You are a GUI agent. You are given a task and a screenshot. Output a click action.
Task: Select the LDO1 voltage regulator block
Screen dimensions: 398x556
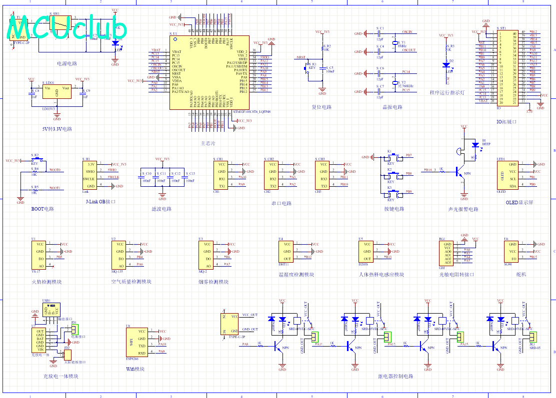(x=56, y=93)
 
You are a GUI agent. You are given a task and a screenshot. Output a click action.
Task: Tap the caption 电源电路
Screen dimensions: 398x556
(x=67, y=64)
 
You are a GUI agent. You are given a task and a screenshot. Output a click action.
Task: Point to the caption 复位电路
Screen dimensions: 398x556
(x=321, y=107)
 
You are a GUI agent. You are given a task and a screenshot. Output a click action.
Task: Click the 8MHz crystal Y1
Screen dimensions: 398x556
(x=395, y=44)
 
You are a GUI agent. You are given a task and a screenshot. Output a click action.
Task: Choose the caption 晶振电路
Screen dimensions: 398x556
(x=392, y=107)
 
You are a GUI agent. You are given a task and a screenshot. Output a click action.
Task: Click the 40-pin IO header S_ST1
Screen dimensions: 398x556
(x=506, y=67)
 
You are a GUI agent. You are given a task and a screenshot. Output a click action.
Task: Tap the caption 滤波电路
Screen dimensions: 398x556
(x=161, y=209)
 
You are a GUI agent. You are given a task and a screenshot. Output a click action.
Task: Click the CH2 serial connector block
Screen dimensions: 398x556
(x=272, y=175)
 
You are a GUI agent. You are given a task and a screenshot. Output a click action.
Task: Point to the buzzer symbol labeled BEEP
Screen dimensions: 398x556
(x=474, y=145)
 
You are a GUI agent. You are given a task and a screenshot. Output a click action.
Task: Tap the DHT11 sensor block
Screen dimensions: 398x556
(x=286, y=251)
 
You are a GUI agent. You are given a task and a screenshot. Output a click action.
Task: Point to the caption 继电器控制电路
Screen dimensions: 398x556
(x=395, y=376)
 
